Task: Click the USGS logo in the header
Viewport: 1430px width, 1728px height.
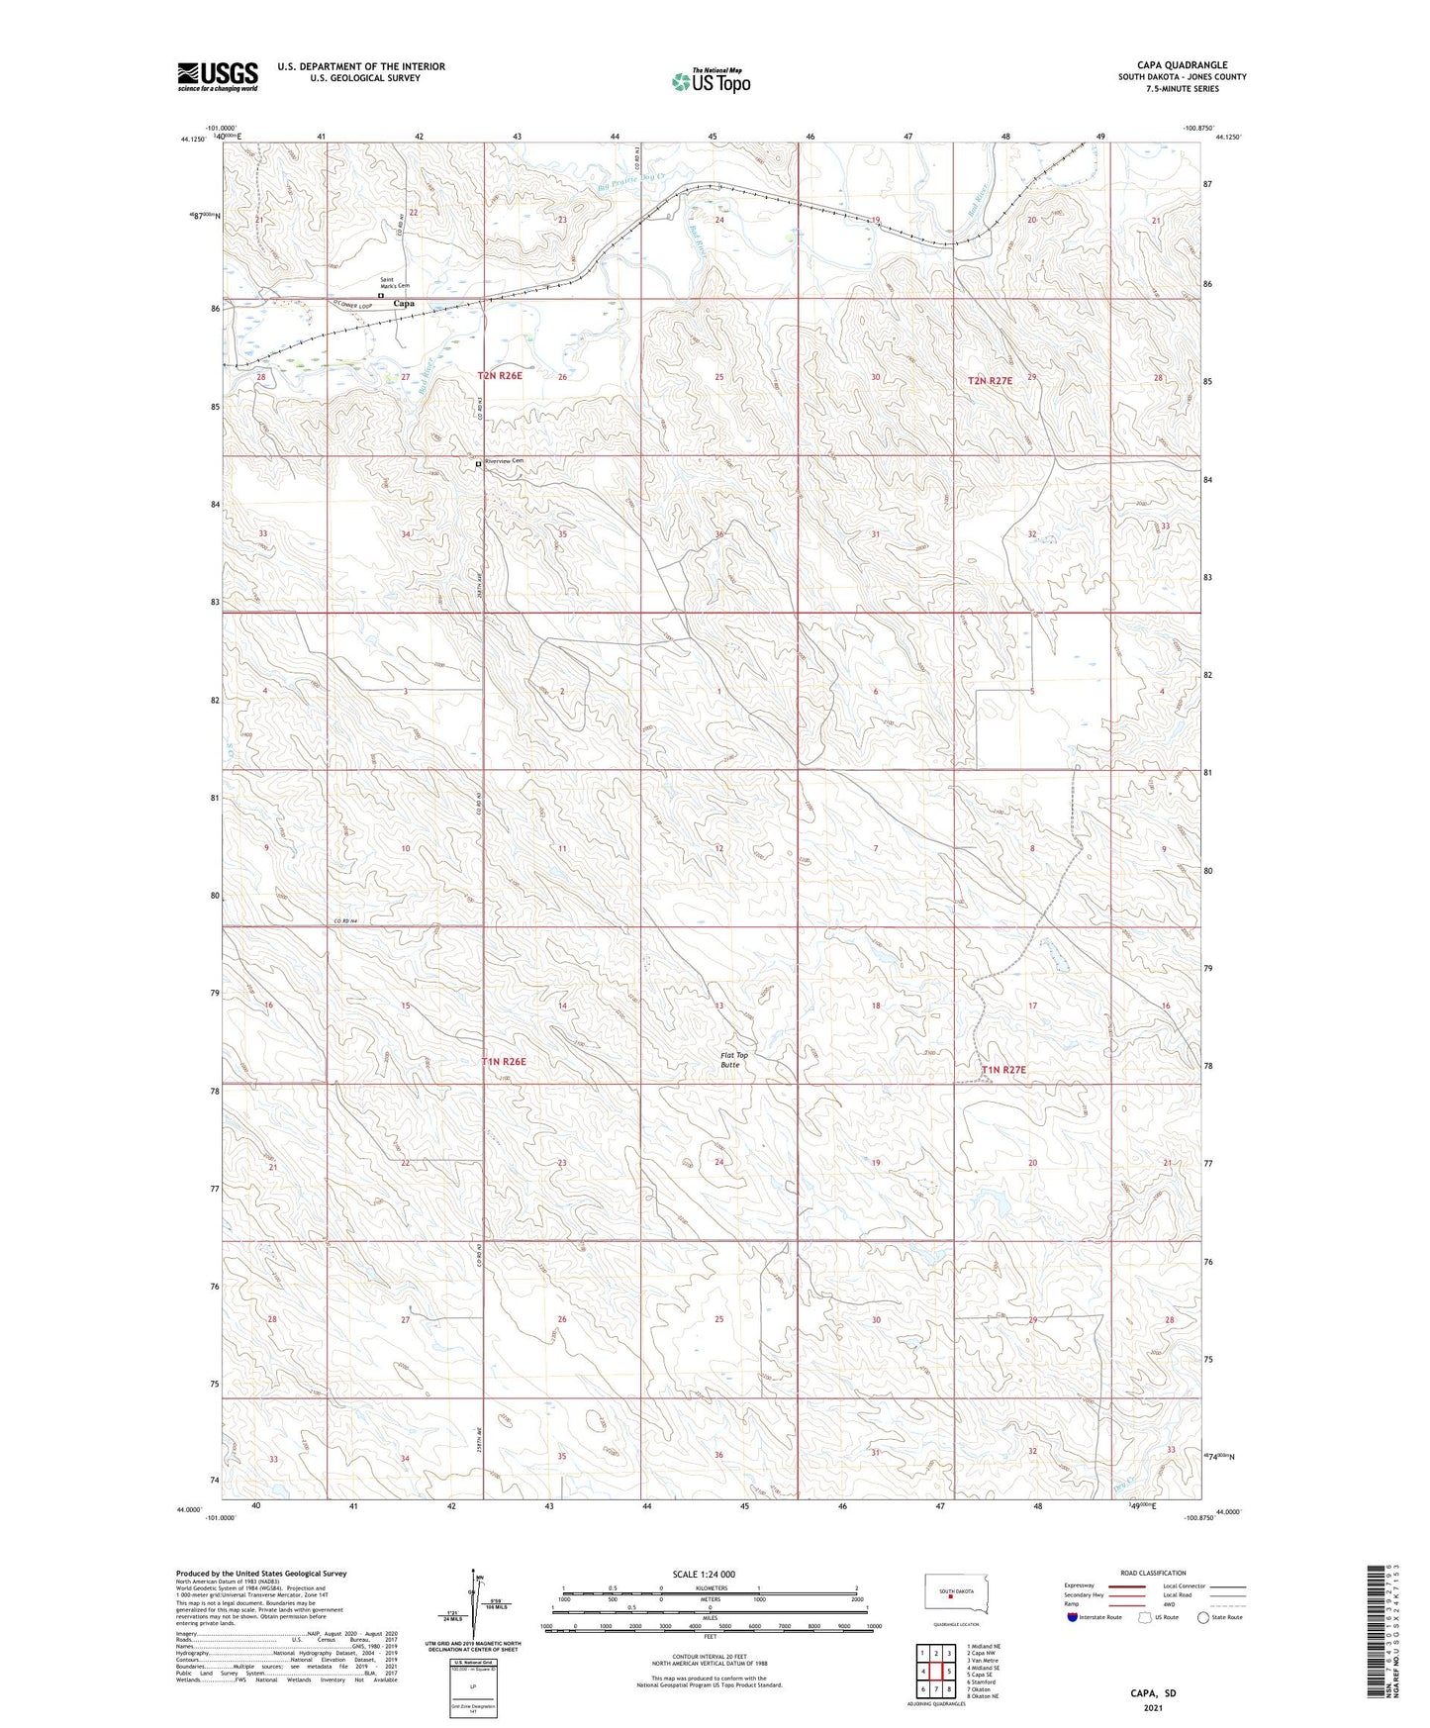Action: tap(217, 76)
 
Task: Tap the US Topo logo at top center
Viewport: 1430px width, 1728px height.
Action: tap(710, 81)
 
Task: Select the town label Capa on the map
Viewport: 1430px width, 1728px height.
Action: tap(404, 303)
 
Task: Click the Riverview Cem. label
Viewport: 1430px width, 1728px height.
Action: tap(503, 461)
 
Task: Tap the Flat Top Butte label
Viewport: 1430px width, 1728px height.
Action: tap(733, 1060)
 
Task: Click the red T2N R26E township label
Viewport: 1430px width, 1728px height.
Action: tap(500, 376)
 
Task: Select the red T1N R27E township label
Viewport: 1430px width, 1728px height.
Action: tap(1003, 1070)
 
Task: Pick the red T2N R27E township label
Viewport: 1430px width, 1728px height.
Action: tap(990, 381)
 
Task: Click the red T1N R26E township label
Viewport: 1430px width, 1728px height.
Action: tap(504, 1062)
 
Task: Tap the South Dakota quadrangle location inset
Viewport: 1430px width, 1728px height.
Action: tap(950, 1594)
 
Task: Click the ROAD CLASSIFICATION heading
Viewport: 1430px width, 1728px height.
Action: tap(1153, 1573)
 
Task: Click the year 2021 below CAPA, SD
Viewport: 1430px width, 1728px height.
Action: tap(1152, 1707)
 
